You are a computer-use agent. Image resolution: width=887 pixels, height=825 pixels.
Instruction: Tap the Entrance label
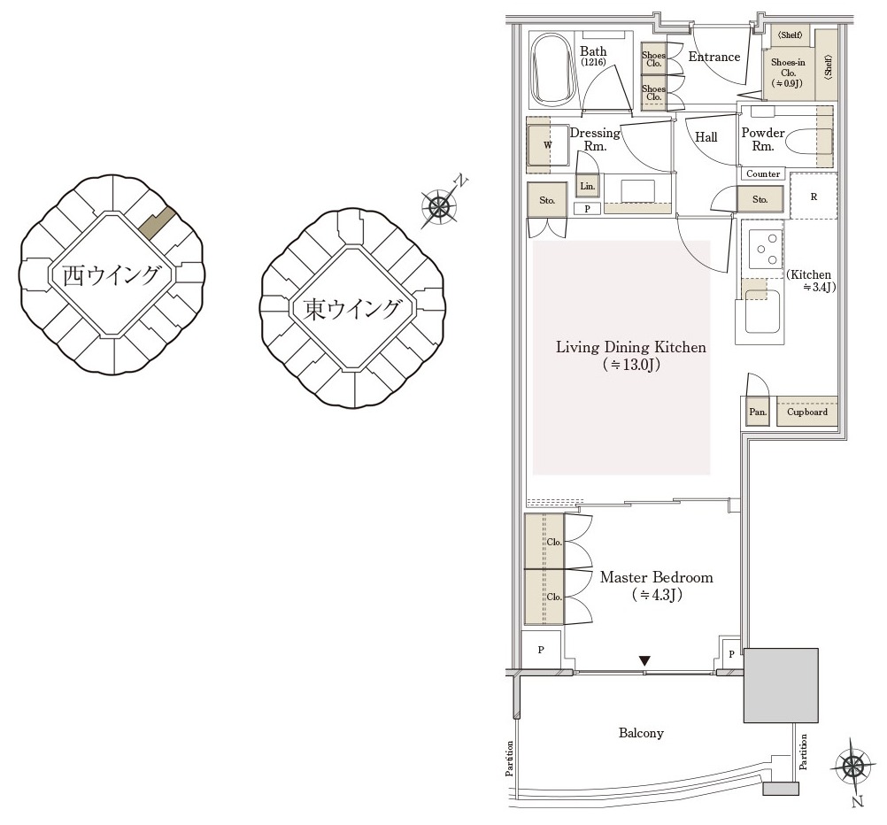point(713,57)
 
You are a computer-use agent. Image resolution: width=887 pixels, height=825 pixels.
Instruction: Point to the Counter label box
point(762,173)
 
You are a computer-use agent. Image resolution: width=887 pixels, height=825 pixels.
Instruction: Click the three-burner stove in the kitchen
point(766,249)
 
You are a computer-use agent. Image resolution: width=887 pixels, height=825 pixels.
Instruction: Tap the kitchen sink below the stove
point(762,312)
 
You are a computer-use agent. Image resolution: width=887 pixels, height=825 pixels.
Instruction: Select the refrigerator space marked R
point(814,197)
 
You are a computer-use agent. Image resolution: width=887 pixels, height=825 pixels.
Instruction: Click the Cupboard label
point(807,412)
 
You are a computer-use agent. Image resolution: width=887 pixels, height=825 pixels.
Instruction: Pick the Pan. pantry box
point(758,412)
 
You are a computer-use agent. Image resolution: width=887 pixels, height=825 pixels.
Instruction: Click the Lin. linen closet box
point(587,186)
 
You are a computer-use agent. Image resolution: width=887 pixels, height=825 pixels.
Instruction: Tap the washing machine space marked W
point(548,145)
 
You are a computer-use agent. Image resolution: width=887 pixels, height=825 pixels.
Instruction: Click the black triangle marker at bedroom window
point(644,660)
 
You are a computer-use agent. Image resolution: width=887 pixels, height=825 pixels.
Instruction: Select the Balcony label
point(641,733)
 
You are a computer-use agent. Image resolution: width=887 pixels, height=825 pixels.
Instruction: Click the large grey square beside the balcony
point(781,685)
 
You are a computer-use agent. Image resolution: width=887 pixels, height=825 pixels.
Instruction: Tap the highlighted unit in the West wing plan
point(157,222)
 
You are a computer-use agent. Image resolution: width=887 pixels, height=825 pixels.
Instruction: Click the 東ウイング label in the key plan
point(351,309)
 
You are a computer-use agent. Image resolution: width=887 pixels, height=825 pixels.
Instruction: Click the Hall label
point(706,137)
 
